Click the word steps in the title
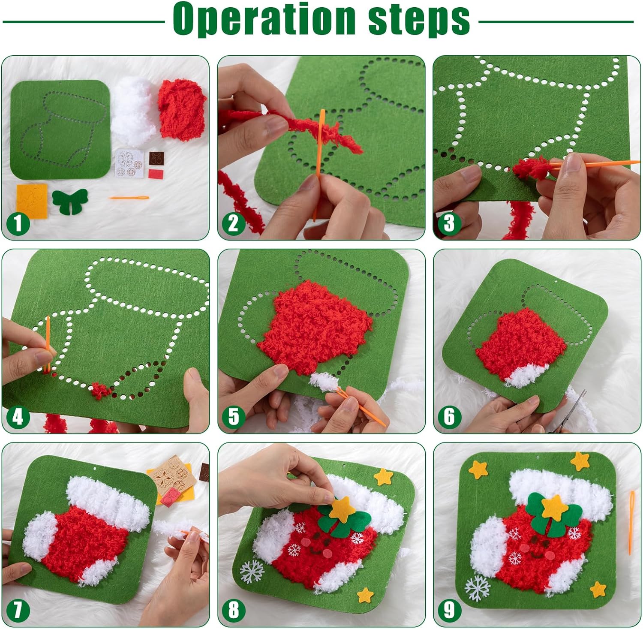coord(419,19)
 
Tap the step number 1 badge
coord(18,223)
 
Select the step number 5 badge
coord(234,416)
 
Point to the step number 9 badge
coord(449,610)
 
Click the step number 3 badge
coord(449,223)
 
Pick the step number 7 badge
coord(18,610)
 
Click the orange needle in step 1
coord(129,198)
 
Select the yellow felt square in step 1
coord(32,200)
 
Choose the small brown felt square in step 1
coord(155,158)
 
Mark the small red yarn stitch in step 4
coord(100,390)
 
